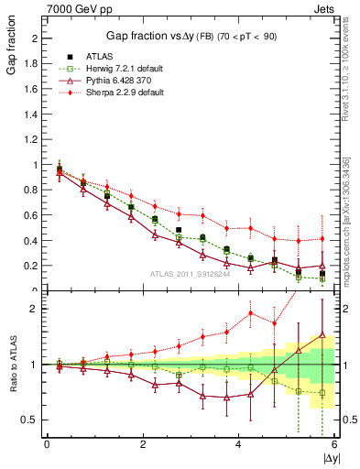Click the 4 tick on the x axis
(x=238, y=445)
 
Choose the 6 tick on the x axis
(x=334, y=445)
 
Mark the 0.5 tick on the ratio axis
(x=32, y=420)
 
